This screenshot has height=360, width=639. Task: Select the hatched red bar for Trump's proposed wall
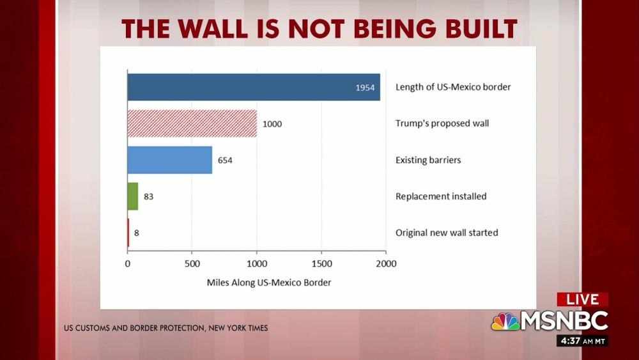192,123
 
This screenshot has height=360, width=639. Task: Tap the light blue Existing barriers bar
169,160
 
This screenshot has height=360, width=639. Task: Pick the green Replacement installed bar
133,196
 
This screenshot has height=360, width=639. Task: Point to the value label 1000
272,123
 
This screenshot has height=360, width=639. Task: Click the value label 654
224,160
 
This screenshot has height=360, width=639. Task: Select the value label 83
148,196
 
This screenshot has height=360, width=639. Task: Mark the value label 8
136,233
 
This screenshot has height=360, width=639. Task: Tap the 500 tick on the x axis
192,263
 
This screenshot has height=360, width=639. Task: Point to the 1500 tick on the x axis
321,263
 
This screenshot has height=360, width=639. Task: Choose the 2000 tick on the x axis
386,263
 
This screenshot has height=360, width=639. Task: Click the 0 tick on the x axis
128,263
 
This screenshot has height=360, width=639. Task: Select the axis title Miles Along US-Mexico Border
269,282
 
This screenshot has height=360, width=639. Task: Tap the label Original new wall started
447,233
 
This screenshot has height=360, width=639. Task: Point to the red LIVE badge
582,299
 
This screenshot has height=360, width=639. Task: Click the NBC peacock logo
505,321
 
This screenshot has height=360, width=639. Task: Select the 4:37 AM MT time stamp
582,341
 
